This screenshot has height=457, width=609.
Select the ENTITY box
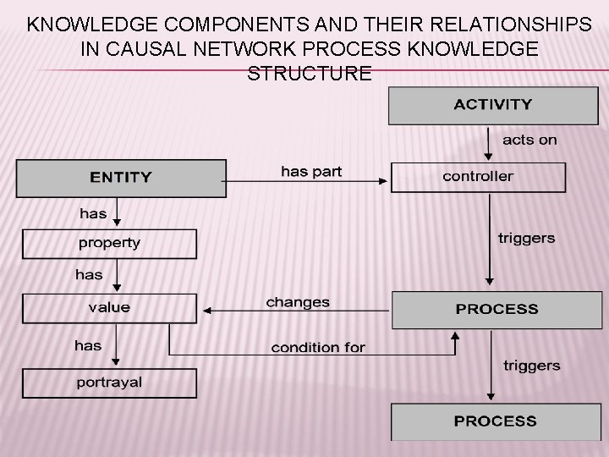[122, 178]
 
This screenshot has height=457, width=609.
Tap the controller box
[478, 177]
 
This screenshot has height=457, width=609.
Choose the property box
[109, 244]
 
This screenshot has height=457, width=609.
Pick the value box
[109, 308]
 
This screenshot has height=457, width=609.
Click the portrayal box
[109, 383]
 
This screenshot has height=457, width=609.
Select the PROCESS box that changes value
[497, 309]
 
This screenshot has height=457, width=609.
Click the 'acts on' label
[529, 140]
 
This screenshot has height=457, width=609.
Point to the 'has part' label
[311, 172]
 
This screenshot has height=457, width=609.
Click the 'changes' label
[298, 302]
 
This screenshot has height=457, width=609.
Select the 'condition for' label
[318, 348]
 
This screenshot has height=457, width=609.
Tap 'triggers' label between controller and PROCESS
[526, 238]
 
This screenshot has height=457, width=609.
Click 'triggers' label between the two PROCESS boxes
[531, 366]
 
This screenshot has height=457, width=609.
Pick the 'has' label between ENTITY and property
[93, 213]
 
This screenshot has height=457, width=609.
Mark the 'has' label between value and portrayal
[88, 345]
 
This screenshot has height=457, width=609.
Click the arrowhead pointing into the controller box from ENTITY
[384, 179]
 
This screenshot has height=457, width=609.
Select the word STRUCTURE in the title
[309, 74]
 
